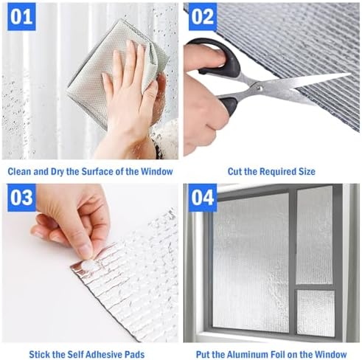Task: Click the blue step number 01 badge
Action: pyautogui.click(x=21, y=17)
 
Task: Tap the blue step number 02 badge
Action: pyautogui.click(x=203, y=17)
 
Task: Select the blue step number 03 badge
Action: pyautogui.click(x=21, y=198)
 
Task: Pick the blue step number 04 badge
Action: pyautogui.click(x=203, y=198)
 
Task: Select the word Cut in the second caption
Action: pyautogui.click(x=234, y=171)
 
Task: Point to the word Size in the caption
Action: pyautogui.click(x=307, y=171)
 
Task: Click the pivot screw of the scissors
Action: pyautogui.click(x=259, y=86)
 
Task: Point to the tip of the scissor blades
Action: pyautogui.click(x=350, y=74)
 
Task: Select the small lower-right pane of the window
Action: pyautogui.click(x=316, y=313)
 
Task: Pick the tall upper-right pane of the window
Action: pyautogui.click(x=315, y=235)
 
